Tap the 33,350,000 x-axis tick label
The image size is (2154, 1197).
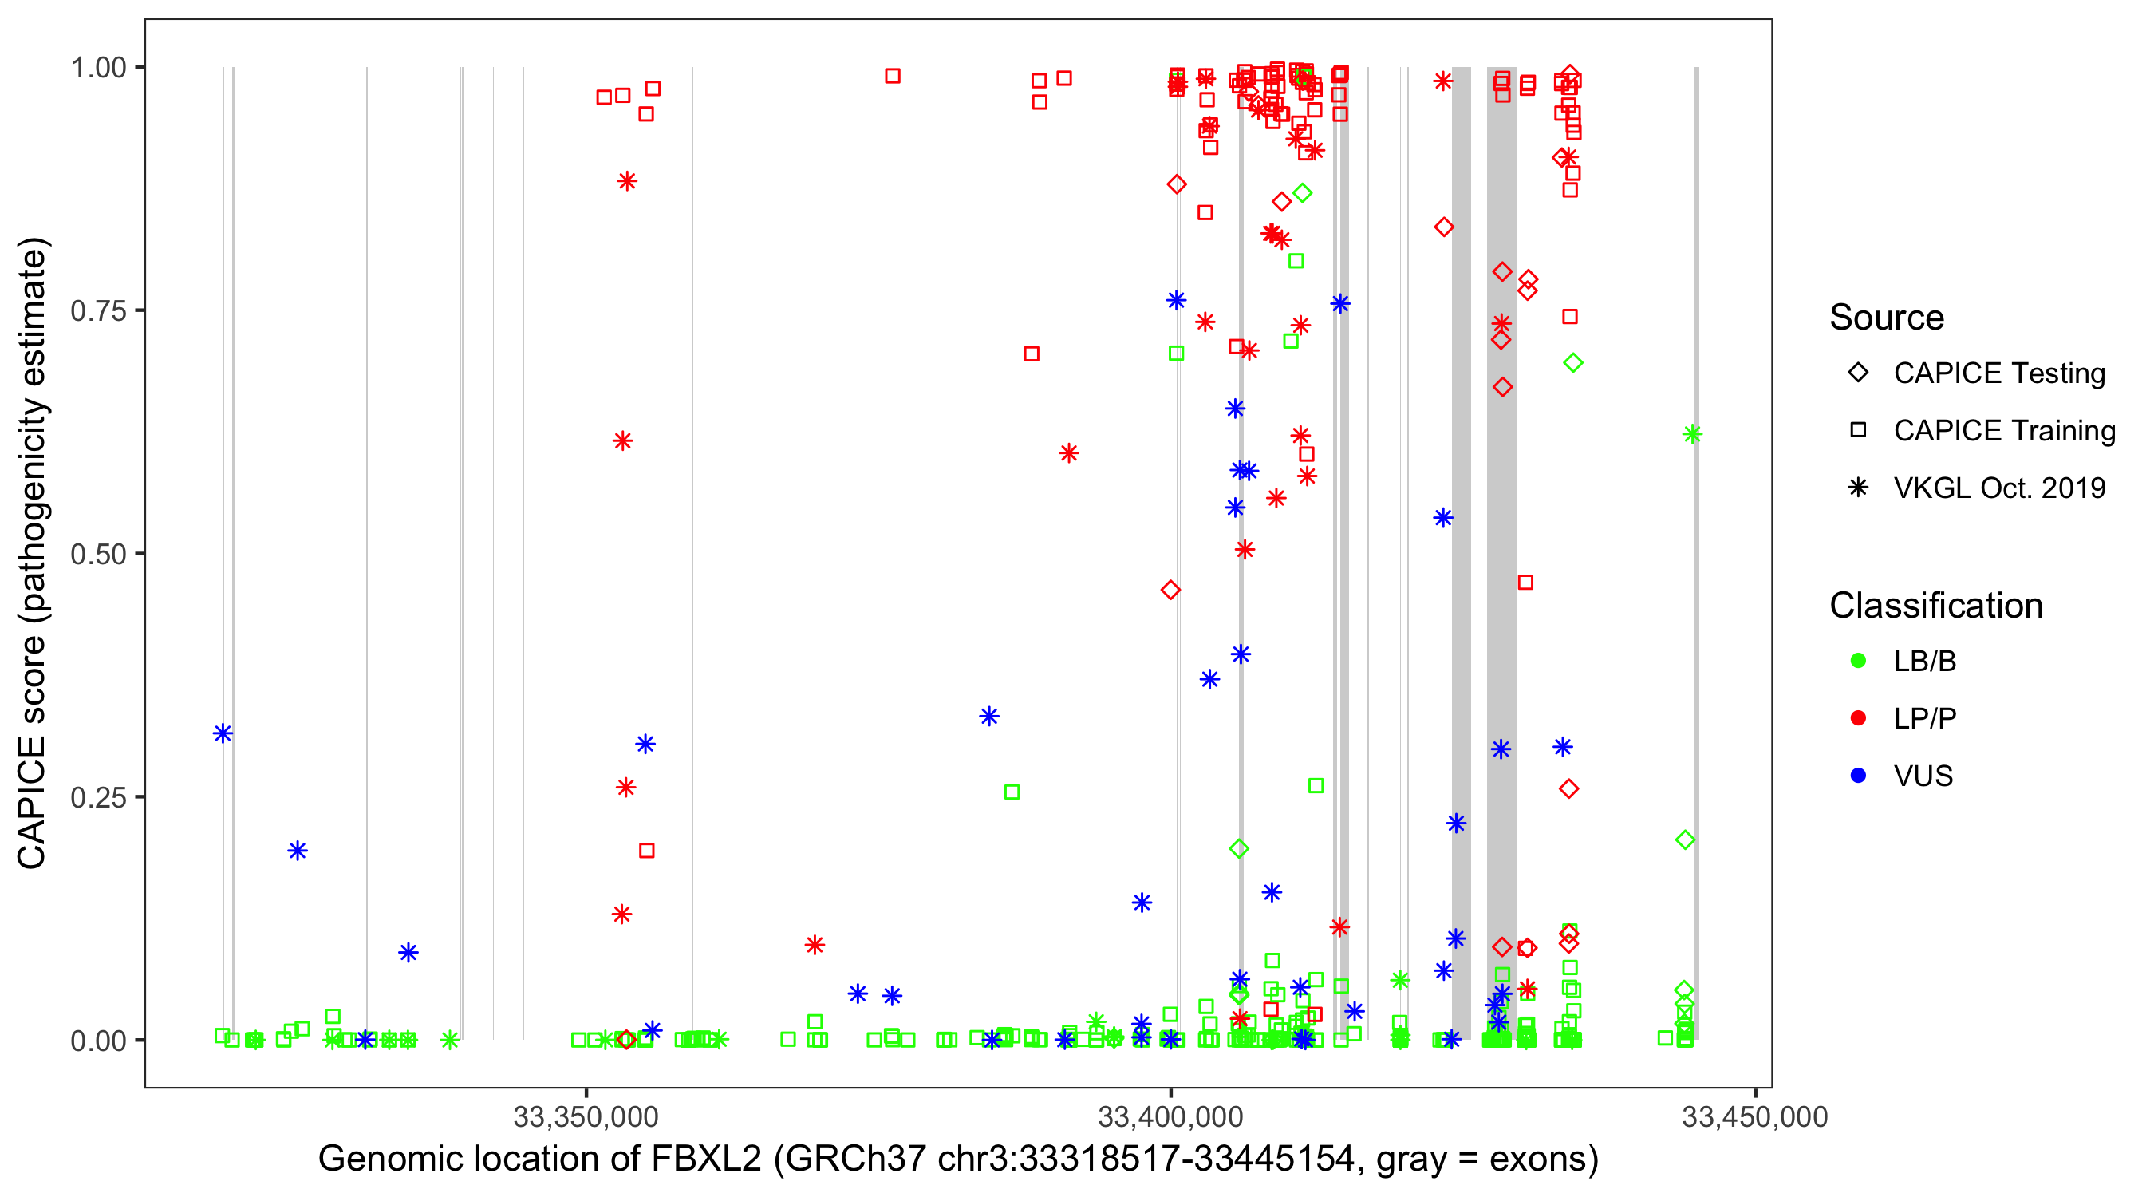pyautogui.click(x=586, y=1116)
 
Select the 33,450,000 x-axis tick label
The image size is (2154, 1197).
pyautogui.click(x=1754, y=1116)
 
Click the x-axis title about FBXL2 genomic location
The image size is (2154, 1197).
pyautogui.click(x=958, y=1159)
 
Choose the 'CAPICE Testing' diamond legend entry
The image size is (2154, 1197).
pyautogui.click(x=1998, y=373)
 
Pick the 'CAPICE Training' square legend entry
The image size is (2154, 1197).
pyautogui.click(x=2003, y=431)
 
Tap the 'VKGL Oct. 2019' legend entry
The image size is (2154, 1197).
pyautogui.click(x=1998, y=488)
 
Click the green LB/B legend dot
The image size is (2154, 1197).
pyautogui.click(x=1858, y=661)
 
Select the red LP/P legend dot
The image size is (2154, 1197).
pyautogui.click(x=1858, y=718)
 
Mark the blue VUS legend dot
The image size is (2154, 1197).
pyautogui.click(x=1858, y=776)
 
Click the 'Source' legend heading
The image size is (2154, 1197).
pyautogui.click(x=1887, y=318)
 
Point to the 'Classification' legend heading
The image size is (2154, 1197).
pyautogui.click(x=1935, y=606)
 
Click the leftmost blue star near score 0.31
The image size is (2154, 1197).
pyautogui.click(x=223, y=733)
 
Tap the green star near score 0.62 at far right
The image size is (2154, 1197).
pyautogui.click(x=1692, y=434)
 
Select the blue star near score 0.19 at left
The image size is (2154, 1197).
pyautogui.click(x=298, y=851)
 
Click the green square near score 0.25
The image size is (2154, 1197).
pyautogui.click(x=1012, y=792)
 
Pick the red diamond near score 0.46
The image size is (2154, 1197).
pyautogui.click(x=1170, y=591)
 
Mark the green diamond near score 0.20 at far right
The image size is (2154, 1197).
pyautogui.click(x=1685, y=839)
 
